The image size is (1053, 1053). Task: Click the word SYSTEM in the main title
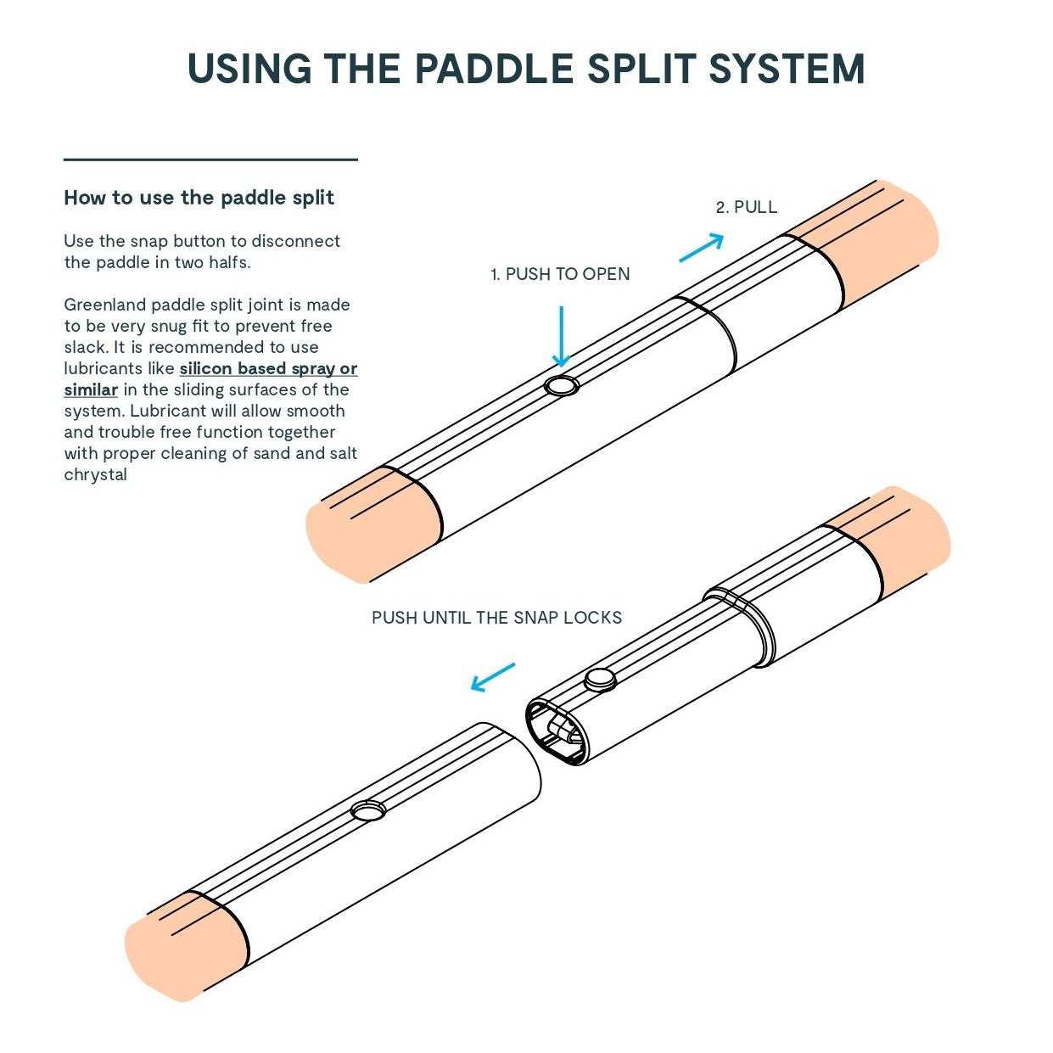click(x=787, y=69)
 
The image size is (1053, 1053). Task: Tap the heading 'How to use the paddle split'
click(x=199, y=198)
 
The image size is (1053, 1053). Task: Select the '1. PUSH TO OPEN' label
click(x=560, y=274)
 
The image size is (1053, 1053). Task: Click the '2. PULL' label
click(x=746, y=207)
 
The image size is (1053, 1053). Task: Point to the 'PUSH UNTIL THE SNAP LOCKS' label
click(x=496, y=618)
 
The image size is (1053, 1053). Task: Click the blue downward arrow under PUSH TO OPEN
click(x=560, y=336)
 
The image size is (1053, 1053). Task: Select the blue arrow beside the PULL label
click(x=701, y=248)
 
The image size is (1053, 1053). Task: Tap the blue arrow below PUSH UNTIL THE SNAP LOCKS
click(x=493, y=677)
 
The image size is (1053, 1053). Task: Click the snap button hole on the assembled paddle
click(x=560, y=386)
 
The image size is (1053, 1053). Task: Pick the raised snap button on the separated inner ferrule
click(x=601, y=679)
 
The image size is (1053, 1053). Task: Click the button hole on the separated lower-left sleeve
click(x=368, y=811)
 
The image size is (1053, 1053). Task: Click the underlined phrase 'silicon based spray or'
click(x=268, y=369)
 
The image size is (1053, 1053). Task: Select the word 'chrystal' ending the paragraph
click(x=95, y=475)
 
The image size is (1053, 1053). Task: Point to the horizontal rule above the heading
click(x=210, y=160)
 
